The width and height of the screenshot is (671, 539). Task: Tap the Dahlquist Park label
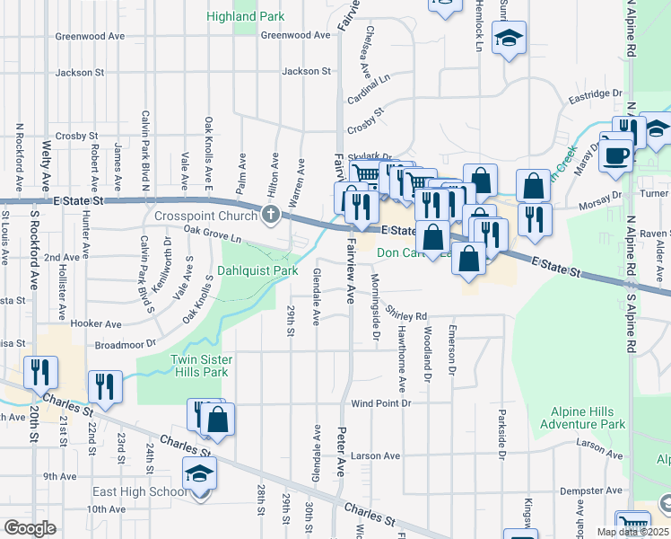click(x=257, y=269)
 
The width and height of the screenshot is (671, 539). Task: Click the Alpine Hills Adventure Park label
click(x=588, y=418)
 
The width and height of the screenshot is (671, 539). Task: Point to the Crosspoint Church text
click(x=205, y=216)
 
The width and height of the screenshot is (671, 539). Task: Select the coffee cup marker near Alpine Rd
click(x=615, y=155)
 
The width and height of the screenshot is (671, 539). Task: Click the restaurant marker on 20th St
click(x=40, y=371)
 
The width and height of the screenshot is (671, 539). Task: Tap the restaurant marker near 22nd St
click(x=106, y=386)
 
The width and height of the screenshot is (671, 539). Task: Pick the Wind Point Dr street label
click(x=380, y=404)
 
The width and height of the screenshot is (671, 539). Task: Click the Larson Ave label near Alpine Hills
click(x=600, y=443)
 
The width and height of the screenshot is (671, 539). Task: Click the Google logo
click(x=30, y=528)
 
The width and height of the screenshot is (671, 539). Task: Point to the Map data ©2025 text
click(x=632, y=532)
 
